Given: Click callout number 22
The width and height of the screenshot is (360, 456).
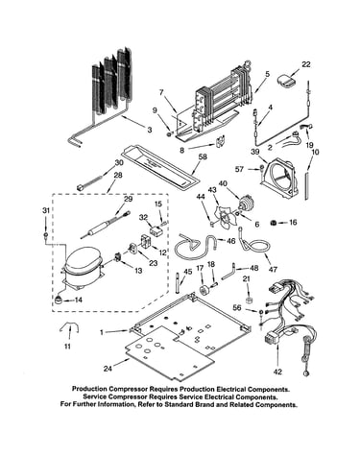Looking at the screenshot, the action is pyautogui.click(x=305, y=64).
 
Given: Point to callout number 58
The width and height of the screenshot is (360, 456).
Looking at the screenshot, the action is pyautogui.click(x=203, y=156).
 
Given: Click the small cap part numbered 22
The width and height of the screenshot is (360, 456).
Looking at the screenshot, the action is pyautogui.click(x=286, y=81).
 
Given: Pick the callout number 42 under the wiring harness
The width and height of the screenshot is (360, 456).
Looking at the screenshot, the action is pyautogui.click(x=277, y=372).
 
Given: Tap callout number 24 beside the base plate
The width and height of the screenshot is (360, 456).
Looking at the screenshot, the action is pyautogui.click(x=108, y=369).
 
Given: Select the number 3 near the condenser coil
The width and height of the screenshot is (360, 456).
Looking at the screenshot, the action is pyautogui.click(x=149, y=130).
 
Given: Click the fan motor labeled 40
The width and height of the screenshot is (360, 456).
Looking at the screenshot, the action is pyautogui.click(x=247, y=202).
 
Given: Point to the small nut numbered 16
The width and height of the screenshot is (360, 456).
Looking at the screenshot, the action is pyautogui.click(x=274, y=223).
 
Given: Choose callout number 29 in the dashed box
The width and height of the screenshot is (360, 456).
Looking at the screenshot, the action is pyautogui.click(x=128, y=199).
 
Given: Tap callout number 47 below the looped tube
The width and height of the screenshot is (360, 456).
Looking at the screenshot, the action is pyautogui.click(x=273, y=270).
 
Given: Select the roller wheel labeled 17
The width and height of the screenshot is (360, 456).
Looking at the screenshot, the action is pyautogui.click(x=203, y=290).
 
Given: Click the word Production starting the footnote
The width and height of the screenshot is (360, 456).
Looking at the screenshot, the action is pyautogui.click(x=89, y=389).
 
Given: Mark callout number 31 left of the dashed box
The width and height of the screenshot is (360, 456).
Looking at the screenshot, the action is pyautogui.click(x=46, y=210).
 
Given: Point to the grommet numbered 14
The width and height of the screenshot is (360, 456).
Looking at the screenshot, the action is pyautogui.click(x=59, y=300).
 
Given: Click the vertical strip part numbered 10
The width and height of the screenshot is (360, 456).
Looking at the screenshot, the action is pyautogui.click(x=307, y=185).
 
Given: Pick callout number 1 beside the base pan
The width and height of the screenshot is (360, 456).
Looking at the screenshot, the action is pyautogui.click(x=102, y=332).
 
